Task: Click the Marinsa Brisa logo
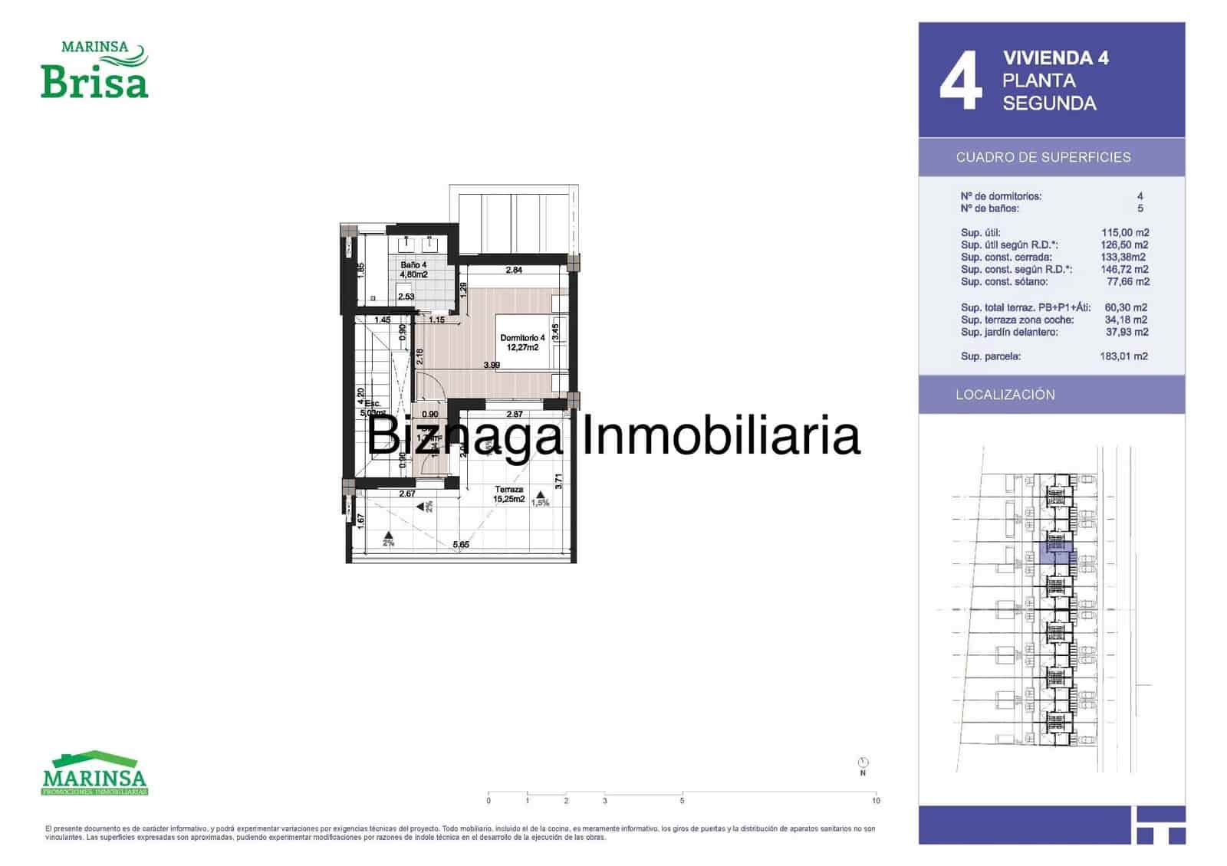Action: point(94,71)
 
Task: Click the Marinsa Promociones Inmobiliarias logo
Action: point(94,773)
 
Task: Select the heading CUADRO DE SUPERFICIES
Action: point(1043,157)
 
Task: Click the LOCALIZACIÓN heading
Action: point(1005,395)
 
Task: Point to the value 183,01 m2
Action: point(1123,356)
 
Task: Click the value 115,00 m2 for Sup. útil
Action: point(1125,233)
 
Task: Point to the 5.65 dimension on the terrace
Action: point(460,545)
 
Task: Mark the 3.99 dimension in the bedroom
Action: point(492,365)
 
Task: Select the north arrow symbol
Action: point(863,763)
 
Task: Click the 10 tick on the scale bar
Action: point(876,800)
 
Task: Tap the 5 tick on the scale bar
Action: point(682,800)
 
